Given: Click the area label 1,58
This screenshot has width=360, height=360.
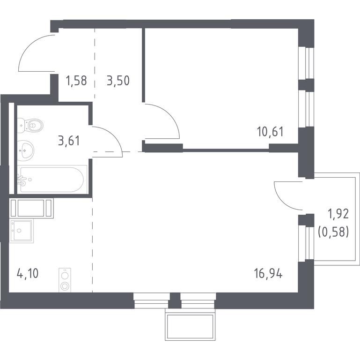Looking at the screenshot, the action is pos(76,81).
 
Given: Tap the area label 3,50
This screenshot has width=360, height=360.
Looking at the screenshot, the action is pos(118,81).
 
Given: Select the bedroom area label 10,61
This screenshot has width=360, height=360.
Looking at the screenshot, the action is pos(271,132).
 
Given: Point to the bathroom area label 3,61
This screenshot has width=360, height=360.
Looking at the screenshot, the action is pos(69,141).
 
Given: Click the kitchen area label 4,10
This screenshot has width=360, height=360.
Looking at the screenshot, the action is pos(28,274).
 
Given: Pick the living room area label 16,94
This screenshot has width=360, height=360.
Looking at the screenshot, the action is pos(268,274).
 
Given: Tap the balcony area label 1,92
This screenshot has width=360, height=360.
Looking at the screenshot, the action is pos(338,214).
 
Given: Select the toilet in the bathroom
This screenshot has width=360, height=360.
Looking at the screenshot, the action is pos(30,126).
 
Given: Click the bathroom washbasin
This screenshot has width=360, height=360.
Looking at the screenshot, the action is pos(25,150).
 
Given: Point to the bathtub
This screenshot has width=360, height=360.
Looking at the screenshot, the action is pos(52,180).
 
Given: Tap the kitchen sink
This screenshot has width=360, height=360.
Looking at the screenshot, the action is pos(22,231).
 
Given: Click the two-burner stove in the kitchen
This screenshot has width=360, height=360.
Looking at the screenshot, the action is pos(65,280).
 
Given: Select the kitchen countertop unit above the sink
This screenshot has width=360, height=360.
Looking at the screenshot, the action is pos(31,208).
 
